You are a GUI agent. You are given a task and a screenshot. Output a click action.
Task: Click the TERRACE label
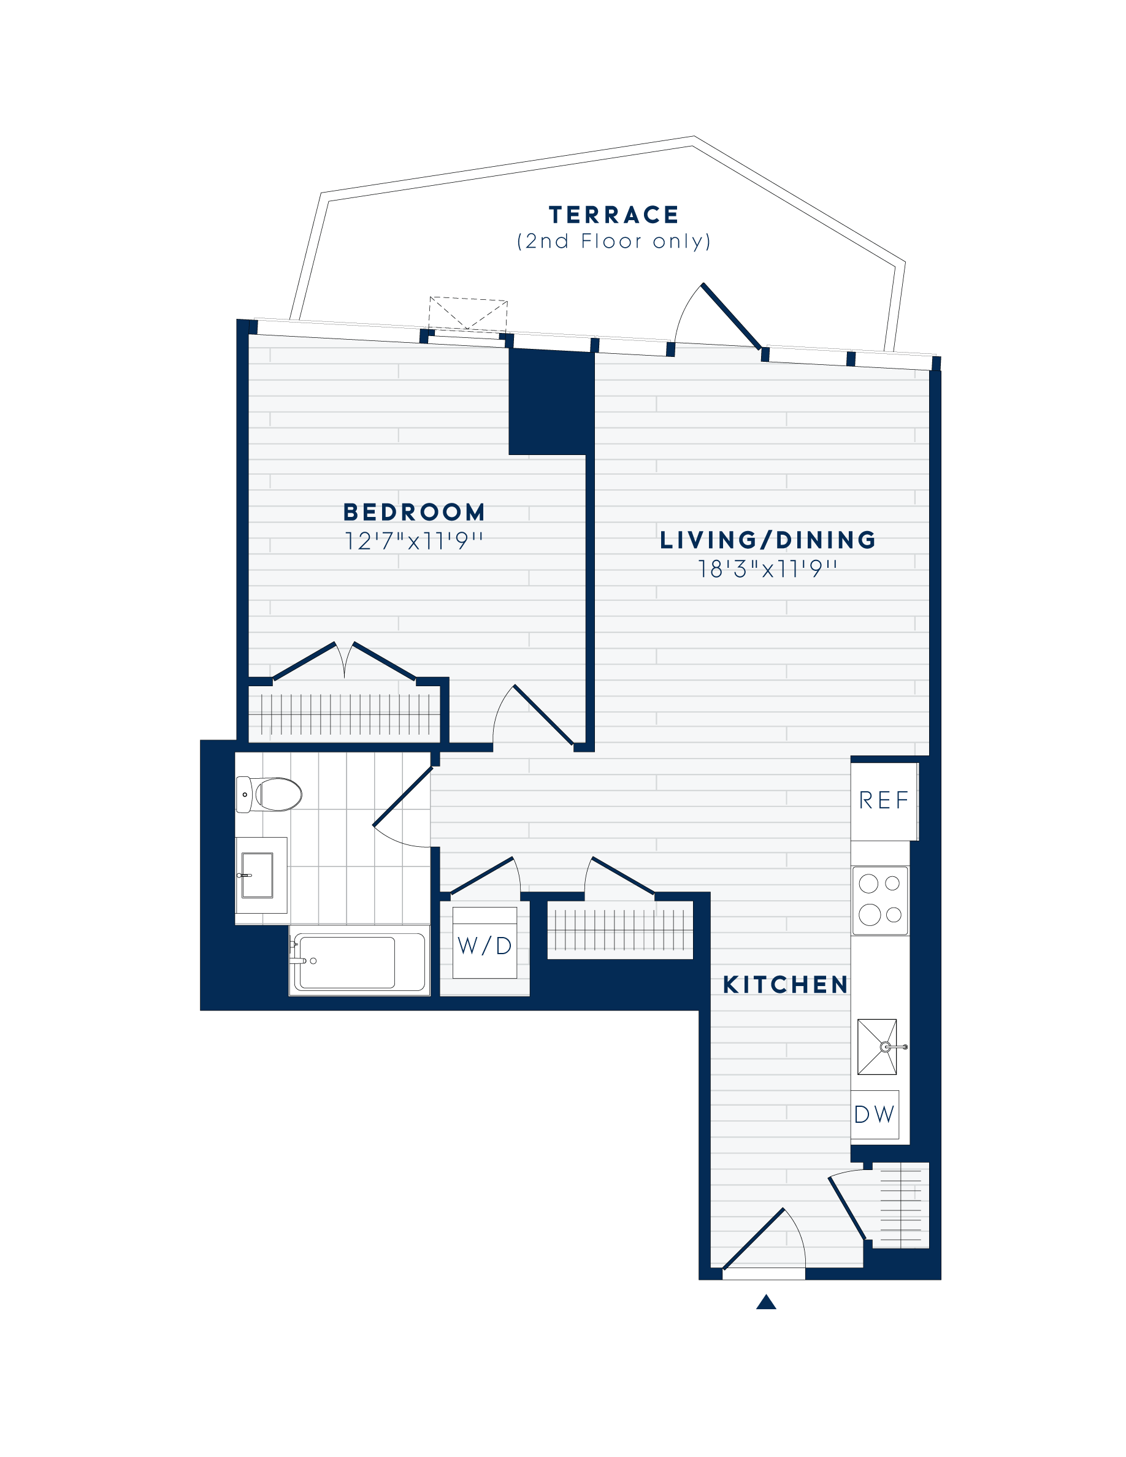[613, 215]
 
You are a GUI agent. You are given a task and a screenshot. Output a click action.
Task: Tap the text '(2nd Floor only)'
[614, 241]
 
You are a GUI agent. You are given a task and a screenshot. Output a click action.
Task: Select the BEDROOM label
[413, 513]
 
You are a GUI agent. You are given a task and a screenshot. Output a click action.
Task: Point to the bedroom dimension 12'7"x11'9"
[413, 540]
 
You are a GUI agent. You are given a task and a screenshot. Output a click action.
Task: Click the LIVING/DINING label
[768, 540]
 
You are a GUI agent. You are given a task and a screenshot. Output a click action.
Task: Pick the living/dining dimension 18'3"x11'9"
[767, 568]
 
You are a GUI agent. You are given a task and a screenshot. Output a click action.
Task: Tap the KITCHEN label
[785, 985]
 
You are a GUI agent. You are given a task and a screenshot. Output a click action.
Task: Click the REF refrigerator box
[884, 801]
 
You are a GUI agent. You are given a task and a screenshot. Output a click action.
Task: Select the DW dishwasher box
[875, 1114]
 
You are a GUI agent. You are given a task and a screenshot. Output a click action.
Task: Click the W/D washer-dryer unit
[485, 943]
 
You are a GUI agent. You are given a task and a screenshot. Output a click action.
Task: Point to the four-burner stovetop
[880, 901]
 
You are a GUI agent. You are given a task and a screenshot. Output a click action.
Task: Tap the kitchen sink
[878, 1047]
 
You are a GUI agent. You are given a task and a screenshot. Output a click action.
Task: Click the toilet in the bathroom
[269, 794]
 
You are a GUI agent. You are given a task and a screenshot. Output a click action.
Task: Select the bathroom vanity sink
[258, 875]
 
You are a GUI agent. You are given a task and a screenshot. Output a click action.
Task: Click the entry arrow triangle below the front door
[766, 1302]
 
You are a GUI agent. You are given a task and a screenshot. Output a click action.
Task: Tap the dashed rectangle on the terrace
[467, 314]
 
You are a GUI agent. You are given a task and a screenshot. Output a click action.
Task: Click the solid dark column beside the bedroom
[551, 402]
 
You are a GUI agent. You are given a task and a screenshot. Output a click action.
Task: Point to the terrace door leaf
[732, 316]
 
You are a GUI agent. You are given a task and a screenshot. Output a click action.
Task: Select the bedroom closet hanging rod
[344, 715]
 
